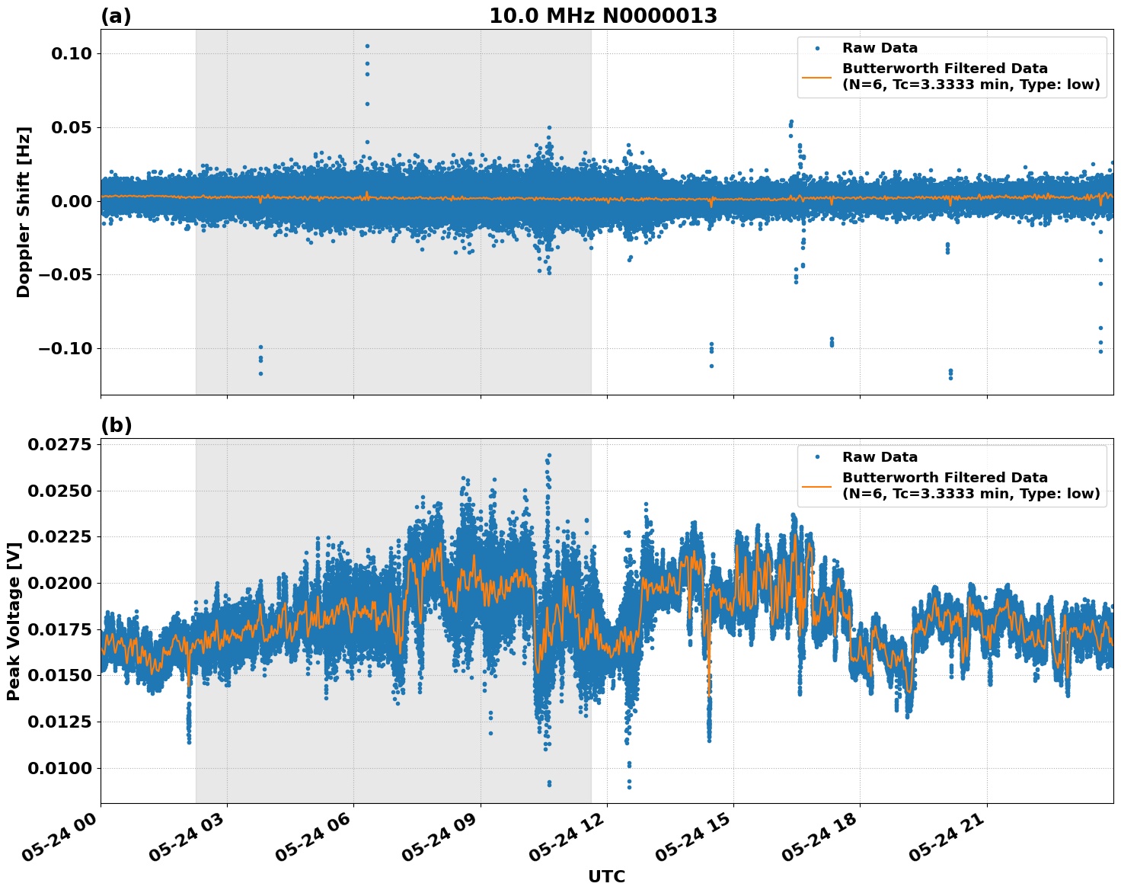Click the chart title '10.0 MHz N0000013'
coord(602,16)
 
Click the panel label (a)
coord(116,16)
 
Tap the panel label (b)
coord(116,425)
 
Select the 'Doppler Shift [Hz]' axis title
coord(24,212)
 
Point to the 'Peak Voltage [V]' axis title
coord(13,621)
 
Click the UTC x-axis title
coord(606,876)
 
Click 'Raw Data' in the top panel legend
coord(880,48)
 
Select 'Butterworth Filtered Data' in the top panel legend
coord(944,69)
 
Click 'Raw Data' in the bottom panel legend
coord(880,457)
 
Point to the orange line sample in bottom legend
coord(817,485)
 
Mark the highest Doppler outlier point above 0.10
coord(367,46)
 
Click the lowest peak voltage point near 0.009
coord(629,787)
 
